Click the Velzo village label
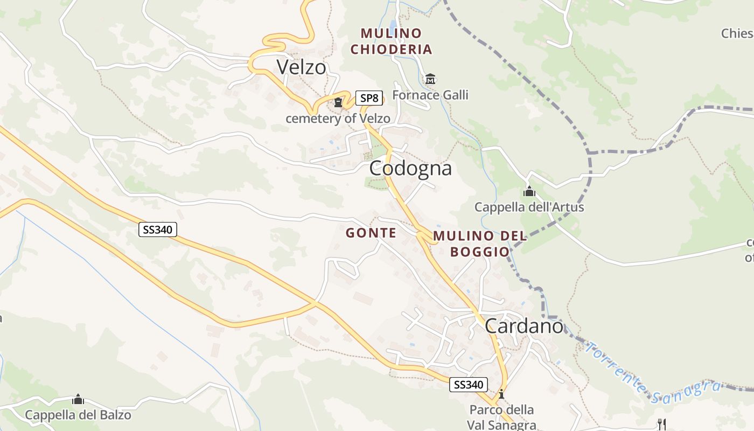tap(301, 67)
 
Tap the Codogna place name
tap(410, 169)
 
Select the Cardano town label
tap(523, 326)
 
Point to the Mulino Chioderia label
tap(391, 41)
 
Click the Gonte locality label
tap(371, 233)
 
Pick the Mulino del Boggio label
tap(479, 244)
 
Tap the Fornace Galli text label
tap(430, 95)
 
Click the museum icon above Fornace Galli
tap(430, 80)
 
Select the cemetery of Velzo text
tap(338, 119)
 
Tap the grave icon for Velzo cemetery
tap(338, 102)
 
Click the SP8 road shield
tap(369, 98)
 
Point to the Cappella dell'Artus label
tap(529, 207)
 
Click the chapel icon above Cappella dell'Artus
tap(529, 192)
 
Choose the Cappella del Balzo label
tap(78, 415)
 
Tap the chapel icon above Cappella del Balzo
tap(78, 400)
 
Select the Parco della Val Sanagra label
tap(501, 417)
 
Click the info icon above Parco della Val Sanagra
tap(501, 394)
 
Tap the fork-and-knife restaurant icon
tap(661, 424)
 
